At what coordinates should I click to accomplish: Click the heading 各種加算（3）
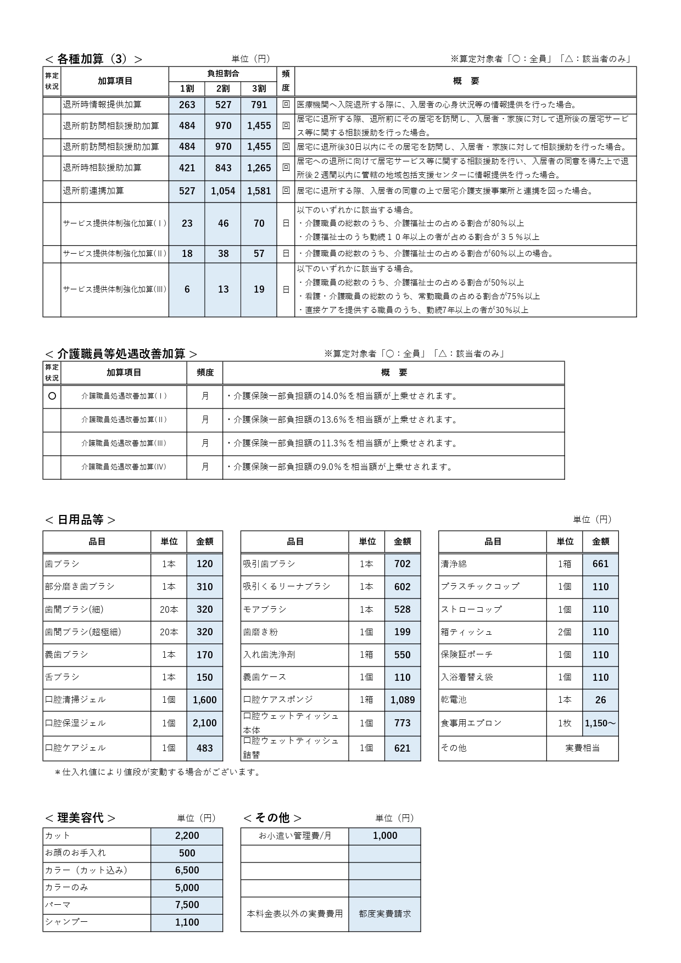[93, 59]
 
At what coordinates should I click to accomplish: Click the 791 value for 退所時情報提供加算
[259, 105]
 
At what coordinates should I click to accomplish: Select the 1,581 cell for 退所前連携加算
[259, 191]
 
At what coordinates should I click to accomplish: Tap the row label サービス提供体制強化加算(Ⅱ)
[115, 254]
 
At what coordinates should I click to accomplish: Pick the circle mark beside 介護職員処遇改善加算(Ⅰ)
[52, 396]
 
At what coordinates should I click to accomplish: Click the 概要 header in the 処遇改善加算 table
[394, 373]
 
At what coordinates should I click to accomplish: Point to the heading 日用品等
[80, 520]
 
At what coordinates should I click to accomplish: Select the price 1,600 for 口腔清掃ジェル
[204, 700]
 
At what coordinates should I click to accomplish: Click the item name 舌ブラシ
[63, 677]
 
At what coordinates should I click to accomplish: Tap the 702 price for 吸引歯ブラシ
[402, 564]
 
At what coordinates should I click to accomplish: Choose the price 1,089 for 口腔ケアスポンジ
[402, 700]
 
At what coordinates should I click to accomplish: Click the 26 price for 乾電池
[600, 700]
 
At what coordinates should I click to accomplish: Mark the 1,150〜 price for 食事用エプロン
[600, 723]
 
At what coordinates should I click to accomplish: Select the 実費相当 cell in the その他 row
[582, 748]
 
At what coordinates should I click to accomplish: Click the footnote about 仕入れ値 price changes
[158, 772]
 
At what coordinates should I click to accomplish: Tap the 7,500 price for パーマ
[187, 905]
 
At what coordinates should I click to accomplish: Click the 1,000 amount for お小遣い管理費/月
[384, 836]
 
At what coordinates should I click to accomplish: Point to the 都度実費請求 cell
[384, 914]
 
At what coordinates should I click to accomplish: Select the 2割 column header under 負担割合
[222, 88]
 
